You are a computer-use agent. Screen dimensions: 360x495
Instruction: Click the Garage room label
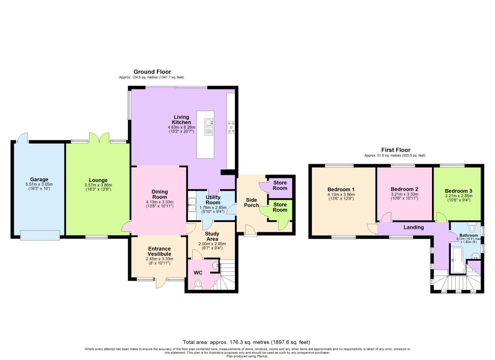pos(39,179)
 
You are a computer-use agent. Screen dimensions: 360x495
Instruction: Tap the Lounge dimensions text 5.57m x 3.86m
pos(98,185)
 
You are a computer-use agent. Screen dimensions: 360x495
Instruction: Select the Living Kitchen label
pos(181,120)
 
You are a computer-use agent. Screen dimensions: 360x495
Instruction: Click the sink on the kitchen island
pos(209,124)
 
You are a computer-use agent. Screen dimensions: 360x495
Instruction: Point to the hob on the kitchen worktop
pos(231,127)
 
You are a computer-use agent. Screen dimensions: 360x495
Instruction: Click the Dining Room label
pos(159,194)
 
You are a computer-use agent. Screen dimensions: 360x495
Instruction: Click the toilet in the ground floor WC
pos(198,284)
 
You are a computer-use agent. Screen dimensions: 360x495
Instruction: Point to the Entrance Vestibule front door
pos(160,283)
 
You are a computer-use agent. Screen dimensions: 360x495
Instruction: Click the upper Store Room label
pos(280,185)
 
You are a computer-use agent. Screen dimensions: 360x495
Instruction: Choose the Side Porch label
pos(251,202)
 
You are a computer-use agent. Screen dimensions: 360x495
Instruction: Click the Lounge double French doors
pos(99,138)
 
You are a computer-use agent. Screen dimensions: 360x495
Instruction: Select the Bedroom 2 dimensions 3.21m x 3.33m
pos(404,194)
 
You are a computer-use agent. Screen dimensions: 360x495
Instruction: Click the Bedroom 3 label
pos(458,191)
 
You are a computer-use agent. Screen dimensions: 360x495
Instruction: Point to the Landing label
pos(413,227)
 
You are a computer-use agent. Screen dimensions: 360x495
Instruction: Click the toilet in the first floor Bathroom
pos(472,228)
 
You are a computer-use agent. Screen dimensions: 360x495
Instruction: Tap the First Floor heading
pos(396,150)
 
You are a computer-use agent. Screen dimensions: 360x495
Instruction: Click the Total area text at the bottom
pos(246,342)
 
